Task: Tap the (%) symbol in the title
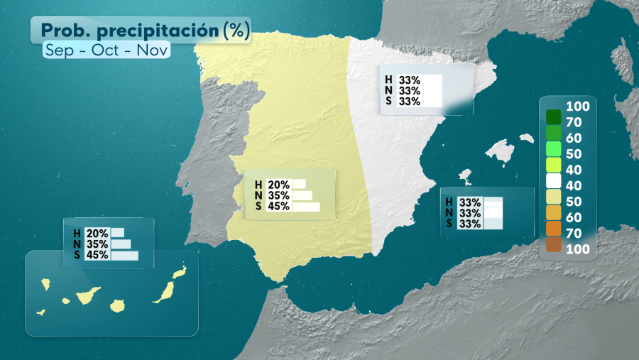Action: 236,31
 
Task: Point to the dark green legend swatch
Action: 554,116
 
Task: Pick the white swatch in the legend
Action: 554,181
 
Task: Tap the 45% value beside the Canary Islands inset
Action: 97,255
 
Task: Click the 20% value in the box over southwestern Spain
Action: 278,185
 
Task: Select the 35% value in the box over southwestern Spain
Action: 278,195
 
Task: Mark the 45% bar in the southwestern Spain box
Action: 305,207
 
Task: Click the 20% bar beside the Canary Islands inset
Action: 117,233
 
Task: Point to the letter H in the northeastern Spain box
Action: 388,80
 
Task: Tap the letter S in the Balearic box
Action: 449,224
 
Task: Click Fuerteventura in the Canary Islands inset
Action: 165,291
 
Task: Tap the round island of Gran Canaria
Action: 117,305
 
